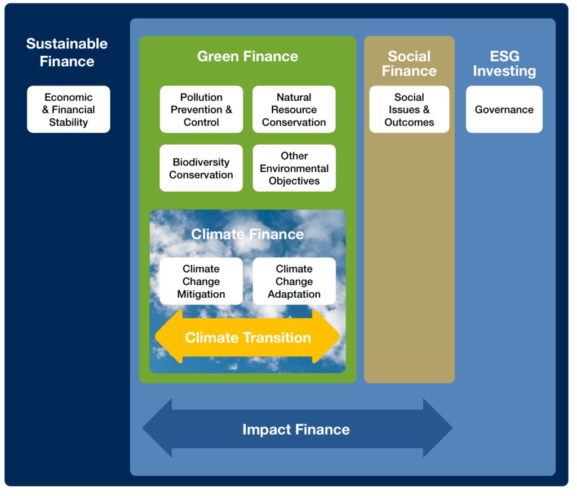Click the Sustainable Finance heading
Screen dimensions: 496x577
(x=67, y=52)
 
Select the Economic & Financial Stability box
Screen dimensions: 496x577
(x=69, y=110)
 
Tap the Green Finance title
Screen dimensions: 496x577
(x=247, y=56)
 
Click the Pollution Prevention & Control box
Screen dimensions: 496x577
(x=201, y=110)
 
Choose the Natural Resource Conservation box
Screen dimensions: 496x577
(x=294, y=110)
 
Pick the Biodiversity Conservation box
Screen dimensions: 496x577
(x=201, y=168)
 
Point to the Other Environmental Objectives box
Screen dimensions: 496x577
(x=294, y=168)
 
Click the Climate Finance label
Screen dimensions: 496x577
(x=247, y=234)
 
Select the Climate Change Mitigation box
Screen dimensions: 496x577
(x=201, y=281)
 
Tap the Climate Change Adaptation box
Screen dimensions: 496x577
(x=294, y=281)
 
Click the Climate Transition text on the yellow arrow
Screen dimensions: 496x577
(x=248, y=338)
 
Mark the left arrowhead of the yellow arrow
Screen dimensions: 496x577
(x=163, y=337)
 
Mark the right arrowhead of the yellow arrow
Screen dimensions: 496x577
(x=332, y=337)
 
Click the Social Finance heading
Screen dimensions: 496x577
(x=409, y=64)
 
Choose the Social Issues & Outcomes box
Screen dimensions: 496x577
(x=409, y=110)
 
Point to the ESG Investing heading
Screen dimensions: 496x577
(x=504, y=64)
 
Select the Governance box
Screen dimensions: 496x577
(x=504, y=110)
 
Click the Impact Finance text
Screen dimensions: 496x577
(x=296, y=430)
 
